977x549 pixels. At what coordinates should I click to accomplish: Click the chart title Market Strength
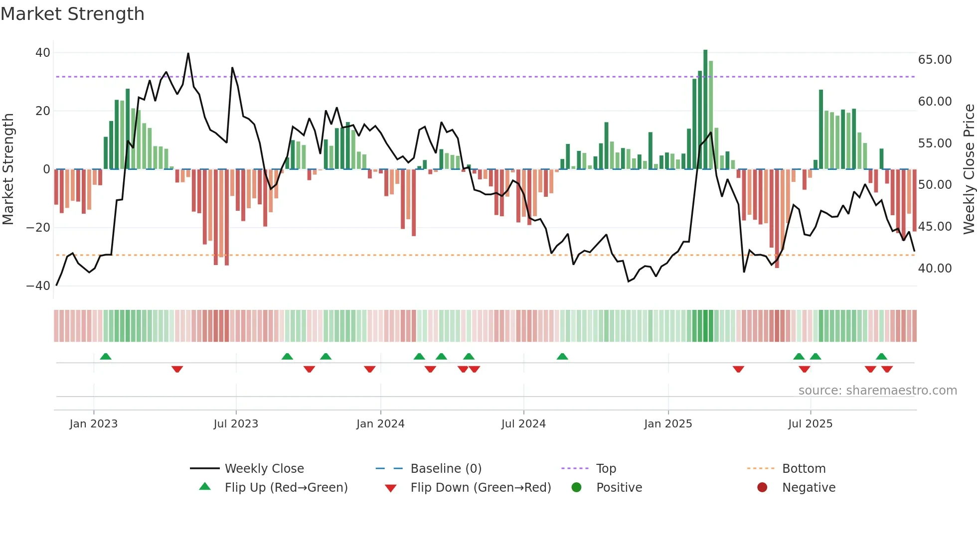pos(72,14)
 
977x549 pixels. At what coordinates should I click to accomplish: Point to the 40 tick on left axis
pos(43,53)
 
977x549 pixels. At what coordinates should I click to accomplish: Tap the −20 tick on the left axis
pos(38,228)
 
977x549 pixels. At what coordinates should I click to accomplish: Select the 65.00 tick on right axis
pos(935,60)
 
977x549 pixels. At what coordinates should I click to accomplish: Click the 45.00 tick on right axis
pos(935,227)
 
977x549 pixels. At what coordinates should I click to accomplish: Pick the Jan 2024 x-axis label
pos(380,424)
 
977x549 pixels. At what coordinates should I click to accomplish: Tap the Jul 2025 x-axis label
pos(810,424)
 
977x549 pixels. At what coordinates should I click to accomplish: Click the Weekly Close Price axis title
pos(969,169)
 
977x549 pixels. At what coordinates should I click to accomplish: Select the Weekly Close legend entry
pos(264,469)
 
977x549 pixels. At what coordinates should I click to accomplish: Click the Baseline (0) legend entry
pos(446,469)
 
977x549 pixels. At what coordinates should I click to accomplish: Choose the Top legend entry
pos(606,469)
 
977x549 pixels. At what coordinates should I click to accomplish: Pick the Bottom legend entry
pos(804,469)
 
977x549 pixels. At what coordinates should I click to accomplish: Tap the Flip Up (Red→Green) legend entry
pos(286,488)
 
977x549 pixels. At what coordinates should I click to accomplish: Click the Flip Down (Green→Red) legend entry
pos(481,488)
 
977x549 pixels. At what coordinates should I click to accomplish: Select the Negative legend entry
pos(808,488)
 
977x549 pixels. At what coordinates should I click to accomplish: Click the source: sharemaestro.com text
pos(877,391)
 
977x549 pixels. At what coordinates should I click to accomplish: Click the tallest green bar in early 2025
pos(705,110)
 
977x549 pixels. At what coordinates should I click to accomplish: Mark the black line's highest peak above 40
pos(188,54)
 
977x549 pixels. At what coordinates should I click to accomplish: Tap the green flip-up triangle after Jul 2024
pos(562,356)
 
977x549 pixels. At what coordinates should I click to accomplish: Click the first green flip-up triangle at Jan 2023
pos(106,356)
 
